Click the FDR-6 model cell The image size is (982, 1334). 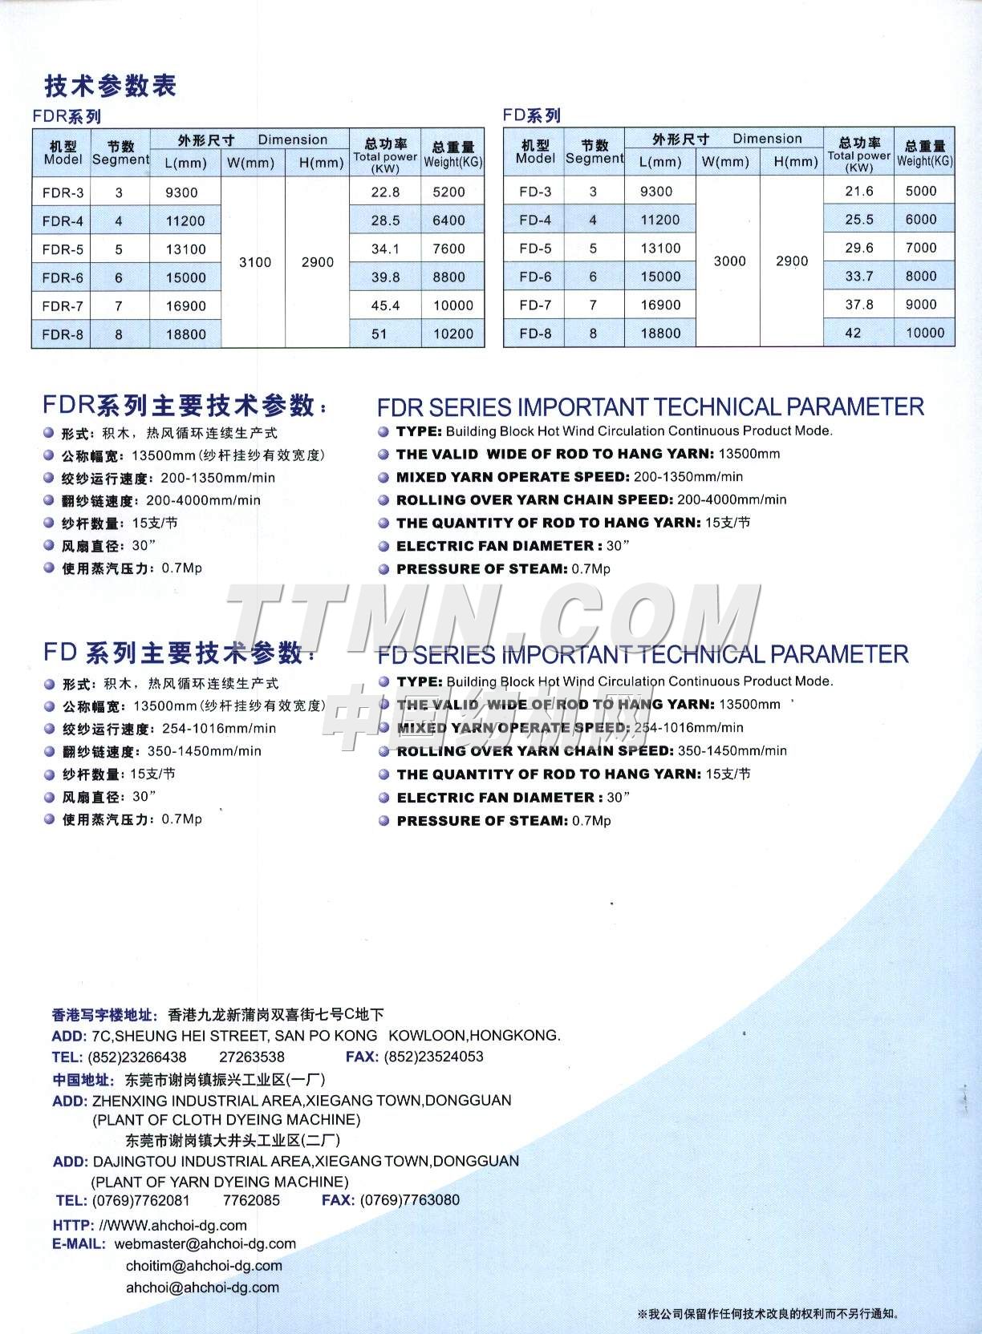tap(63, 277)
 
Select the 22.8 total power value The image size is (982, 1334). tap(385, 192)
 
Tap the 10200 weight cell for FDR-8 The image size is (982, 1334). tap(453, 334)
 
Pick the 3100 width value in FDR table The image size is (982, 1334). tap(255, 262)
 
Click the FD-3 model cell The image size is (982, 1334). tap(535, 192)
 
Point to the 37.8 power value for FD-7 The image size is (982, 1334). tap(859, 305)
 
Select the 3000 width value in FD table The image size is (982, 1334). tap(729, 261)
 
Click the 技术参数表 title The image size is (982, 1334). tap(110, 86)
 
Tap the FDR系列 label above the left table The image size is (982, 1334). tap(67, 116)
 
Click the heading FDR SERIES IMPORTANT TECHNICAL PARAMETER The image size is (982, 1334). tap(650, 406)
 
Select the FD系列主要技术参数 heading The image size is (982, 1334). tap(181, 653)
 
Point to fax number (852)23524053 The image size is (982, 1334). tap(433, 1057)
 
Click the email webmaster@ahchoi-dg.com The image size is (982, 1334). tap(205, 1244)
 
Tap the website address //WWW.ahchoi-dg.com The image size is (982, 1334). tap(172, 1225)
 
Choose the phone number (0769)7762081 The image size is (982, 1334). tap(141, 1200)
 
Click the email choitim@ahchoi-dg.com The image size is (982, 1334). tap(204, 1266)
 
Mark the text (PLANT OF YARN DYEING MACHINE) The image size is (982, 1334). tap(219, 1182)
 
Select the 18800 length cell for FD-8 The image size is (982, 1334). tap(660, 333)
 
